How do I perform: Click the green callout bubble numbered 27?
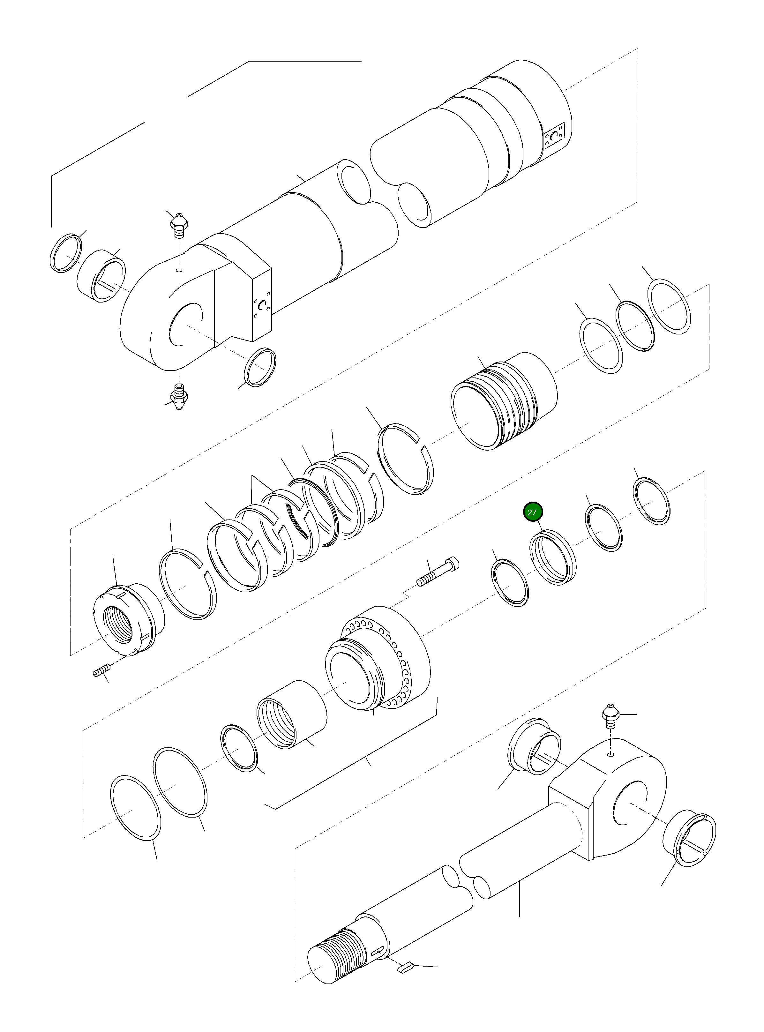[x=532, y=512]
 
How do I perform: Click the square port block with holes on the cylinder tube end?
[x=555, y=136]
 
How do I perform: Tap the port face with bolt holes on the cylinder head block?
[x=262, y=307]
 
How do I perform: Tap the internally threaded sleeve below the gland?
[x=291, y=714]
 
